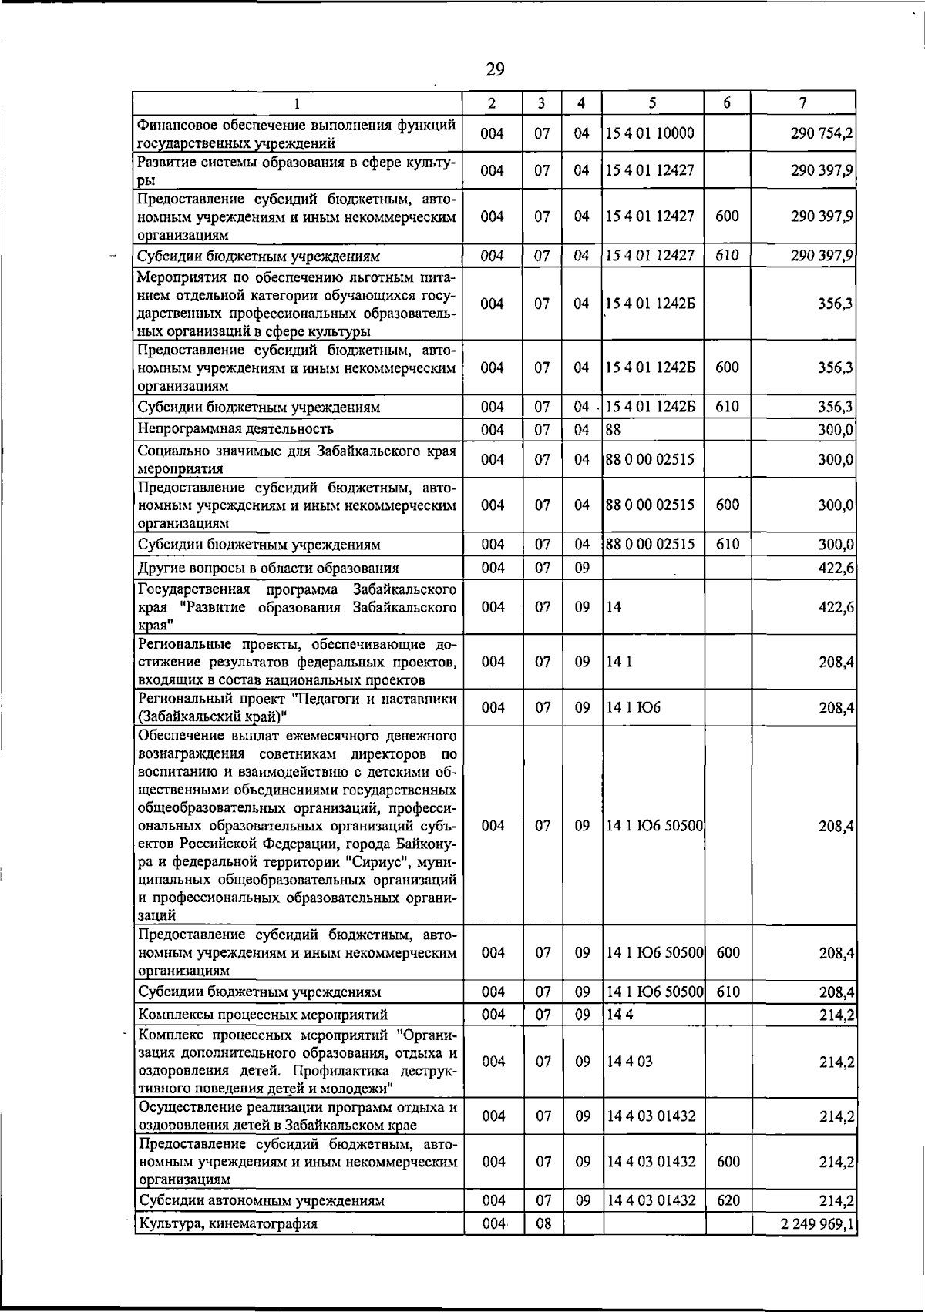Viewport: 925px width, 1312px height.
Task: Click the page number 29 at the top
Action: tap(495, 70)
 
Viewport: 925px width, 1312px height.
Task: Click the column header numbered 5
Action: tap(652, 103)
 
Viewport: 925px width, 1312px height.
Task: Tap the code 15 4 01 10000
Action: tap(650, 133)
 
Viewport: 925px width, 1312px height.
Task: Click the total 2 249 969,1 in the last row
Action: tap(817, 1223)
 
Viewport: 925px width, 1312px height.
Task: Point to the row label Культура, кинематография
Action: tap(227, 1223)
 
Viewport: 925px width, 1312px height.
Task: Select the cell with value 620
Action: tap(728, 1200)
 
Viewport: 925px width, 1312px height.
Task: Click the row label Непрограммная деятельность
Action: tap(235, 429)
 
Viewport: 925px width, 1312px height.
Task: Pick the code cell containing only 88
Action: tap(614, 429)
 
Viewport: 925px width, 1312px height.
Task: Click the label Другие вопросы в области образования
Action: tap(267, 569)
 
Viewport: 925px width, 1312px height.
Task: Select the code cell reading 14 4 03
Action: tap(630, 1062)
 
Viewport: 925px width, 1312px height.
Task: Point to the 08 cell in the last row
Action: tap(543, 1223)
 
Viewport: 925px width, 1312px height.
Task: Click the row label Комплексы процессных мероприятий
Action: tap(262, 1015)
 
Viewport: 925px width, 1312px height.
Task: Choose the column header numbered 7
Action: tap(803, 103)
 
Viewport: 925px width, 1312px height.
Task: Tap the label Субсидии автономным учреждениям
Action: tap(261, 1200)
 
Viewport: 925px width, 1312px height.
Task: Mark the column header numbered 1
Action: tap(297, 103)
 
